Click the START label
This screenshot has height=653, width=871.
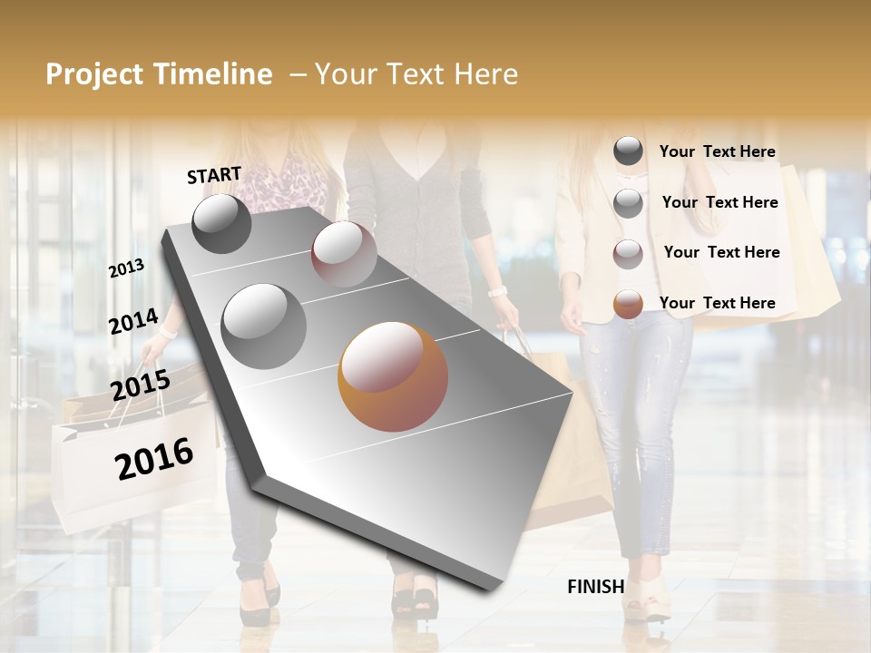coord(214,175)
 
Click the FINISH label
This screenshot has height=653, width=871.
coord(595,587)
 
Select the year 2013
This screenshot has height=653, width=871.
coord(126,268)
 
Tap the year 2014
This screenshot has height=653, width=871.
coord(133,322)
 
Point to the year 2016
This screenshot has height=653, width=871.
coord(154,459)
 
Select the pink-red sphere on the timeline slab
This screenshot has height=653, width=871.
coord(344,253)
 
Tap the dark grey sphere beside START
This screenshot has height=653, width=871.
coord(221,223)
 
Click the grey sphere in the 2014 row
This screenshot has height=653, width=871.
coord(263,326)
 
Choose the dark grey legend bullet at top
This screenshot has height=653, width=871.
coord(628,151)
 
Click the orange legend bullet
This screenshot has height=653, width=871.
coord(628,304)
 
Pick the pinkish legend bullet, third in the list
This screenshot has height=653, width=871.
coord(628,254)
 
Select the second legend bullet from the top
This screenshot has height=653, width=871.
coord(628,203)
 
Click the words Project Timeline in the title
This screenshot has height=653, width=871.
coord(159,74)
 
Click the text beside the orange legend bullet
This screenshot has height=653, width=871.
coord(717,303)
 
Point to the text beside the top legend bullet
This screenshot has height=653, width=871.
coord(717,151)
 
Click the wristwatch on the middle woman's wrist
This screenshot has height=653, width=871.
coord(496,291)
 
